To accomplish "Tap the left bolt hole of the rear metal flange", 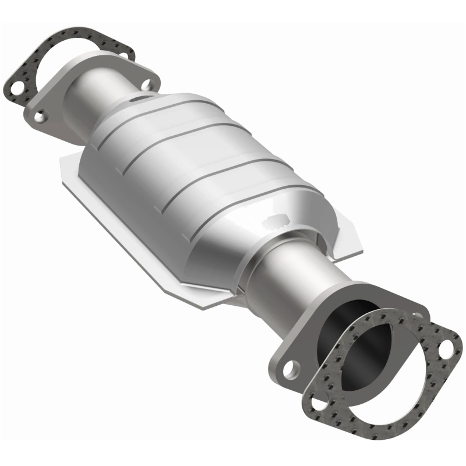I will pyautogui.click(x=40, y=117).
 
